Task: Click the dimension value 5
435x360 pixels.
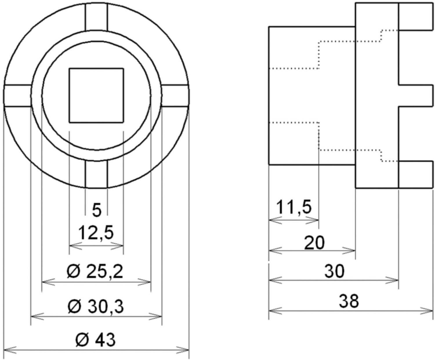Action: point(97,211)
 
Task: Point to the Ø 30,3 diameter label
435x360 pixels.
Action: point(96,307)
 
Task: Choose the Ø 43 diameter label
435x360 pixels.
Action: point(95,340)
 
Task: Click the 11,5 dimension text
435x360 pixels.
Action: point(294,207)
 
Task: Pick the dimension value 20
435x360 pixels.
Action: point(315,243)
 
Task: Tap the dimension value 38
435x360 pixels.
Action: point(349,301)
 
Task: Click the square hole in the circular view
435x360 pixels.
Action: point(96,95)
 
